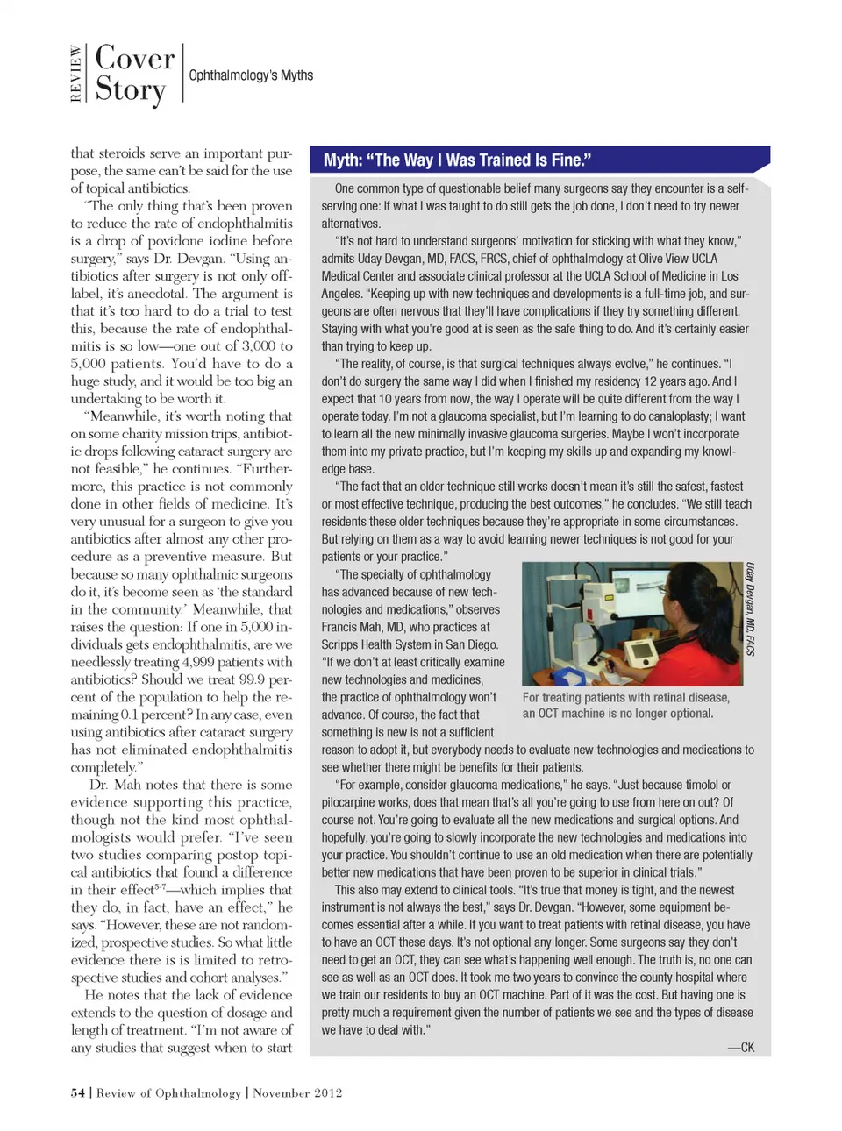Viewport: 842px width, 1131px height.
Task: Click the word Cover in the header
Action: click(135, 58)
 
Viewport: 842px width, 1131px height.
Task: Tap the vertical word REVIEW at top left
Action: click(76, 74)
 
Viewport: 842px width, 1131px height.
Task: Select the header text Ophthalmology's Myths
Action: click(251, 75)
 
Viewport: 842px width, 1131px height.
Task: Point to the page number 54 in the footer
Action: click(78, 1093)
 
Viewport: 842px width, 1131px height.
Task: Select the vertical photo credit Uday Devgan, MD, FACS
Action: click(751, 609)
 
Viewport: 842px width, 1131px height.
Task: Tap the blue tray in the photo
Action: click(569, 676)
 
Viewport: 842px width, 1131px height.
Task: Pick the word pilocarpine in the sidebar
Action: click(352, 802)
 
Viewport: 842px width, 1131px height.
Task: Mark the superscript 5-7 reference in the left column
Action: click(161, 887)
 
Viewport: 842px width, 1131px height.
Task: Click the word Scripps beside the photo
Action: click(342, 644)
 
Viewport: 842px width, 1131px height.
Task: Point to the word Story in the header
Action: click(130, 90)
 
